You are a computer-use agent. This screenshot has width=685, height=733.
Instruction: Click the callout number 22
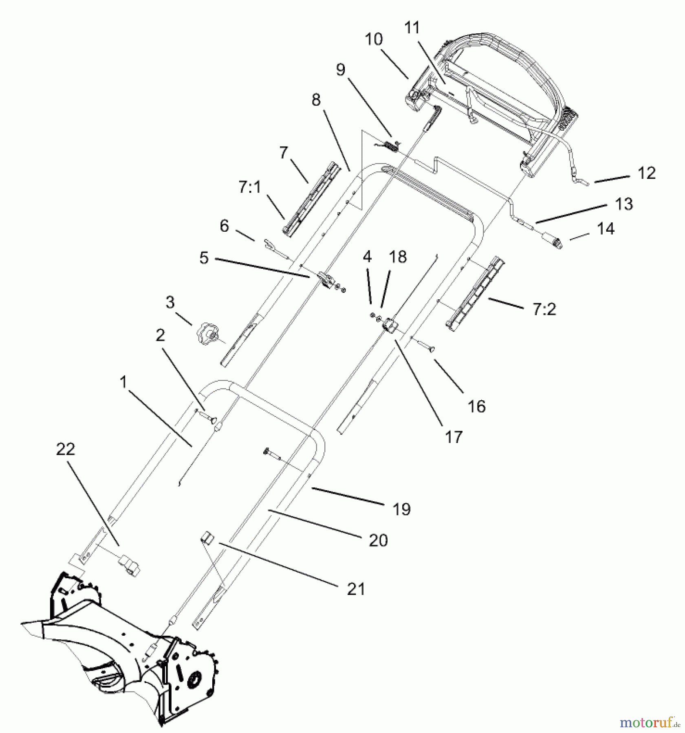click(x=66, y=450)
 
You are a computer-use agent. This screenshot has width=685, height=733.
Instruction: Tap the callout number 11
click(x=412, y=28)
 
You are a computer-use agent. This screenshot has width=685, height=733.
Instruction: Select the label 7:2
click(x=544, y=309)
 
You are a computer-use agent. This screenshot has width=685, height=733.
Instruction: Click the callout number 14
click(x=606, y=229)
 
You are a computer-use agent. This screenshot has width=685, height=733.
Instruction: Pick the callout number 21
click(x=356, y=589)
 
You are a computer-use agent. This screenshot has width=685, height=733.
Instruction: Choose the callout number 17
click(x=454, y=437)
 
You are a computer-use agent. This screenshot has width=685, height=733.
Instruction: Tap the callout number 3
click(x=170, y=302)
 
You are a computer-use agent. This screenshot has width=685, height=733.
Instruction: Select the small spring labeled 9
click(x=392, y=145)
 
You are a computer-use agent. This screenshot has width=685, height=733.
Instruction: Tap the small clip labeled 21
click(x=207, y=540)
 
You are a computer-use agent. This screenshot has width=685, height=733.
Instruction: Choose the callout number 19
click(x=402, y=509)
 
